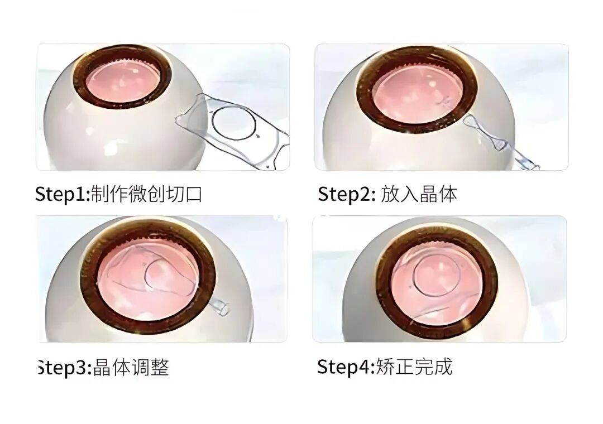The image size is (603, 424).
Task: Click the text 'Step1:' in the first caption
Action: [x=62, y=195]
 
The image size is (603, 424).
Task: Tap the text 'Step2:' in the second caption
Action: [x=345, y=195]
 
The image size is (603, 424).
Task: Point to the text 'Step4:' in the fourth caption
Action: [x=345, y=367]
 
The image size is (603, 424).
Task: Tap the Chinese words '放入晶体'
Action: [x=419, y=195]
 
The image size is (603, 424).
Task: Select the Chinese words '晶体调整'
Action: [x=131, y=368]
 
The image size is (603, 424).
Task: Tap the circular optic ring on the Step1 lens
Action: [x=233, y=124]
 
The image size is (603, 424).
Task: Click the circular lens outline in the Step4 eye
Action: [x=433, y=276]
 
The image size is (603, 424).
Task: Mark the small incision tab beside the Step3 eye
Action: [x=221, y=307]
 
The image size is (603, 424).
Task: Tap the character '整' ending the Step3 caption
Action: [x=160, y=368]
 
